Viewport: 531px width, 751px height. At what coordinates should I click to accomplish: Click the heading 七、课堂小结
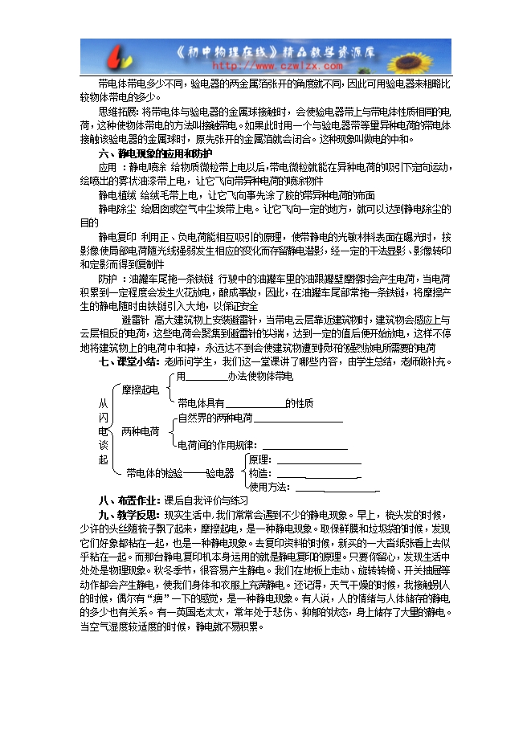tap(129, 361)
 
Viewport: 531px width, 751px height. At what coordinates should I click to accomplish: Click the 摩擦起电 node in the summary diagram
tap(141, 390)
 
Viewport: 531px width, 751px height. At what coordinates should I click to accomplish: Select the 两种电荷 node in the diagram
tap(140, 431)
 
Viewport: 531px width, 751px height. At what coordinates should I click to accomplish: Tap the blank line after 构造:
tap(317, 474)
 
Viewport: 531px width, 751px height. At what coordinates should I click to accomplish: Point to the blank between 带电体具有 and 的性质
tap(255, 403)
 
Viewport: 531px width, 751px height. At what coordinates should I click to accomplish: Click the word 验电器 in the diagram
tap(219, 473)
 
